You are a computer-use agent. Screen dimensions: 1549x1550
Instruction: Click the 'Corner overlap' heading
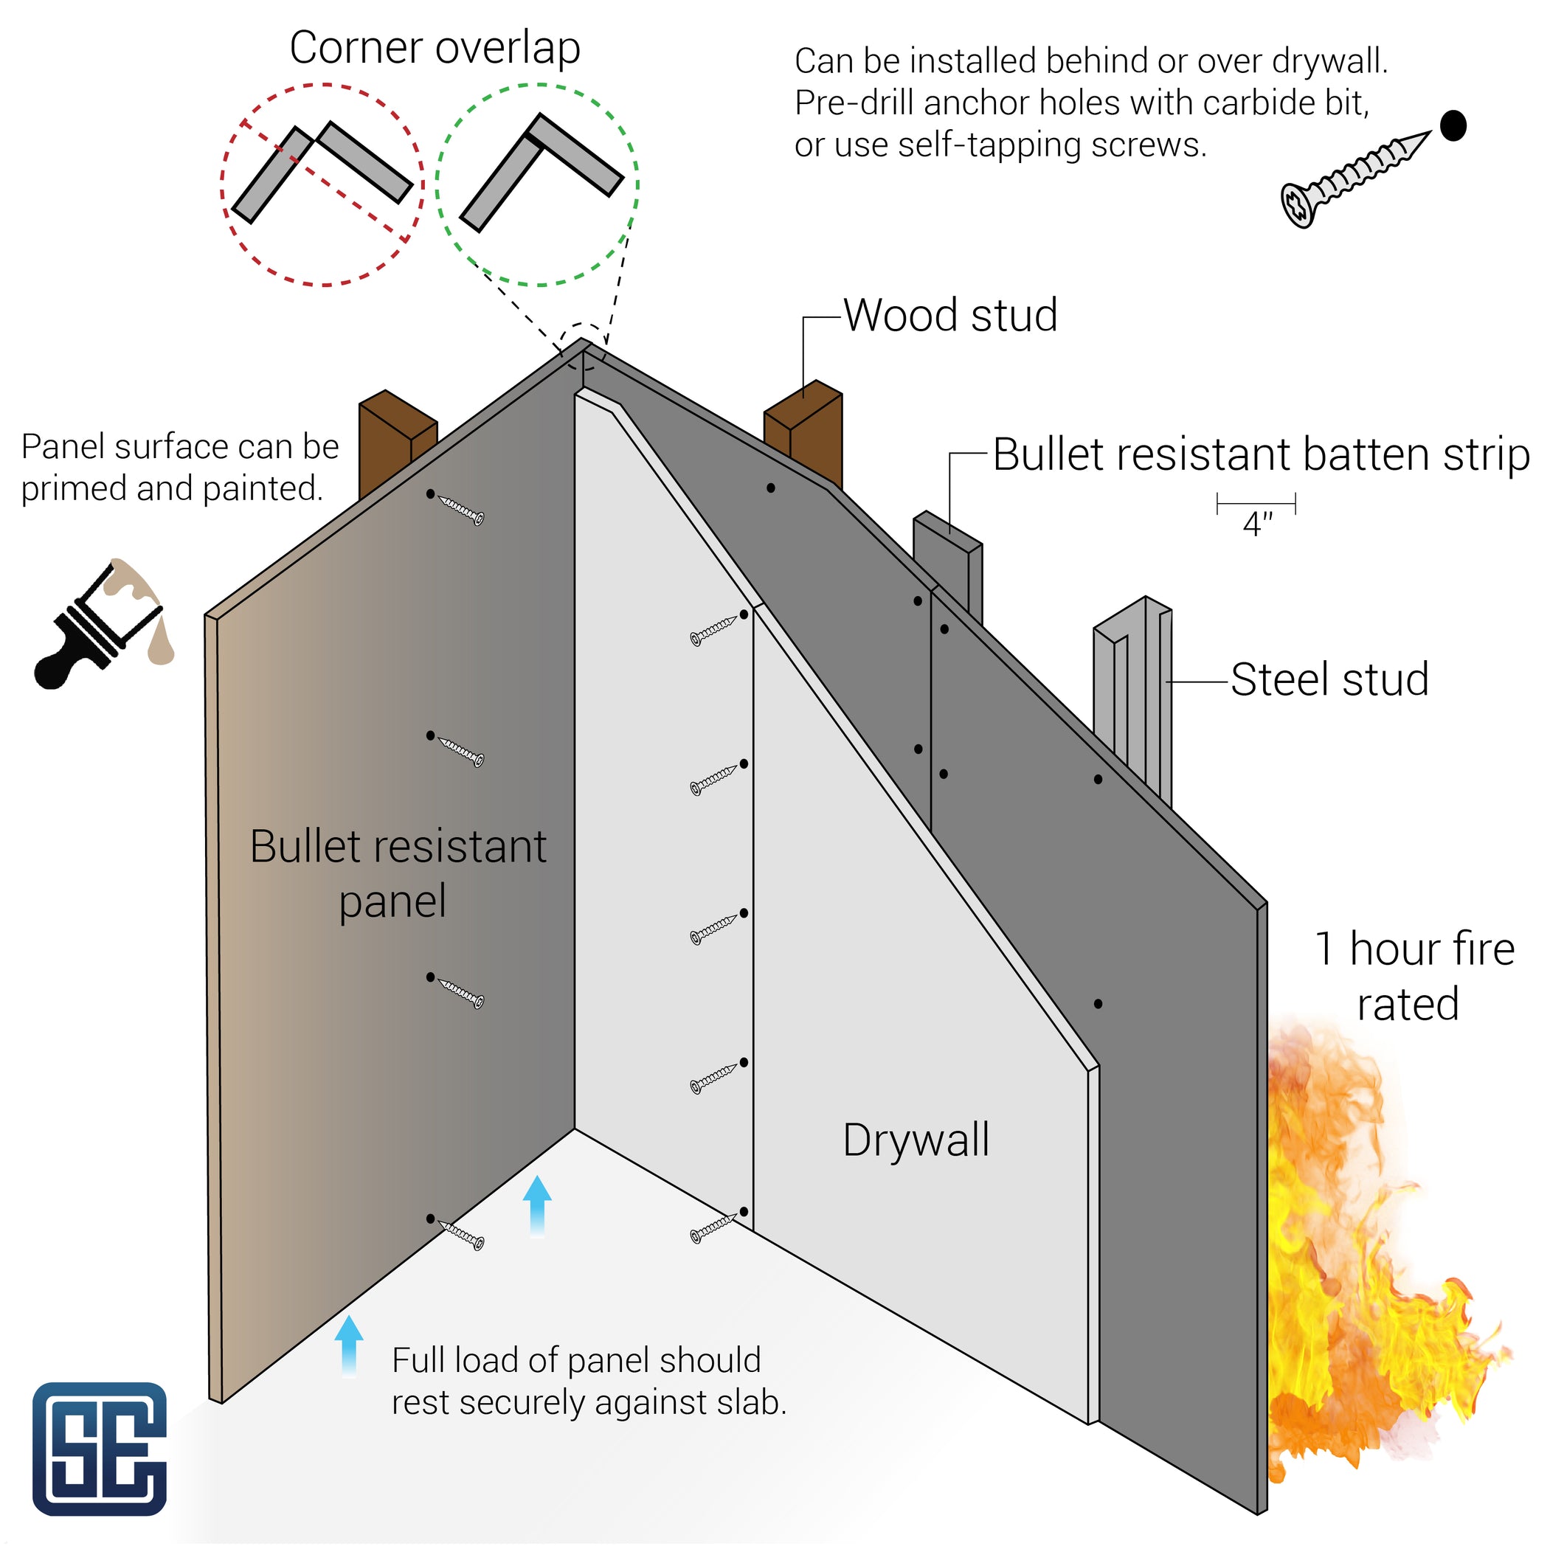[x=434, y=48]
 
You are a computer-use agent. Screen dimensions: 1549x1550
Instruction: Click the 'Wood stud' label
[x=950, y=315]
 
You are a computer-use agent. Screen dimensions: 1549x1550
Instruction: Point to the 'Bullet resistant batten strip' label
[x=1260, y=455]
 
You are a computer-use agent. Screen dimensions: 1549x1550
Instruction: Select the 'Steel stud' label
[x=1329, y=679]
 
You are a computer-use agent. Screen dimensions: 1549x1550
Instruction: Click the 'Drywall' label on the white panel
[x=916, y=1140]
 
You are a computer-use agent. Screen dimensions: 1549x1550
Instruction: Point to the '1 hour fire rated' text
[x=1414, y=977]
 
